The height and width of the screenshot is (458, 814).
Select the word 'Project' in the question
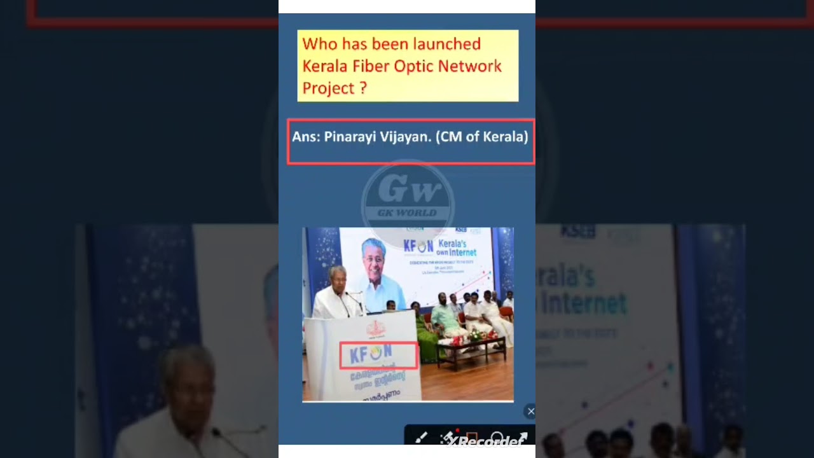[x=328, y=88]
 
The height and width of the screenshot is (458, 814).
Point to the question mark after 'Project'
[x=363, y=88]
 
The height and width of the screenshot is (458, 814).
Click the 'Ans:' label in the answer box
[x=305, y=137]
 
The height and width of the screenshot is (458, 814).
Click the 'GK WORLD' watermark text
[x=408, y=213]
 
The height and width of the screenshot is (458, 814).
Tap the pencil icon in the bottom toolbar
[x=421, y=438]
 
